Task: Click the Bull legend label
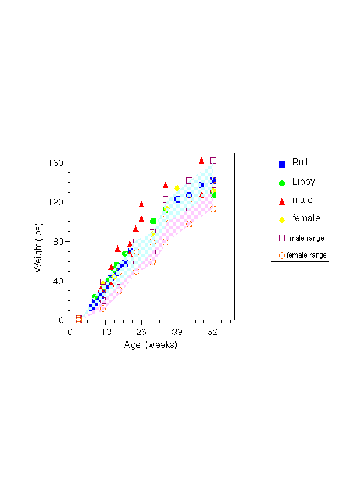coord(300,163)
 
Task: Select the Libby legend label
coord(303,181)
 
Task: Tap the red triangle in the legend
coord(282,201)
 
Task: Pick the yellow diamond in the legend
coord(282,220)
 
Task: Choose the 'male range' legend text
coord(307,238)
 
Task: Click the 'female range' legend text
coord(306,255)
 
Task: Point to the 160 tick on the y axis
coord(56,163)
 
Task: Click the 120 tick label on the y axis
coord(56,202)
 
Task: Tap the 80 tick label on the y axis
coord(58,242)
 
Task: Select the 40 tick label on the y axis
coord(58,281)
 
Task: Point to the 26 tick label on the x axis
coord(142,332)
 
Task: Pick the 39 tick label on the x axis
coord(177,332)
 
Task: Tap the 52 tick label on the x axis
coord(213,332)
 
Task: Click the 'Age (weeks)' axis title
coord(150,345)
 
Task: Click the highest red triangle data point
coord(202,160)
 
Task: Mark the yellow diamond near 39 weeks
coord(177,188)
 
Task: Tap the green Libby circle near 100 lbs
coord(153,221)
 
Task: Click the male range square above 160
coord(213,160)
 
